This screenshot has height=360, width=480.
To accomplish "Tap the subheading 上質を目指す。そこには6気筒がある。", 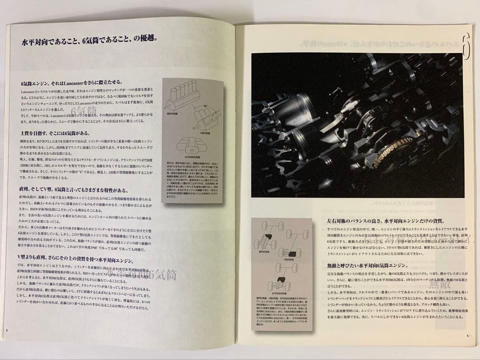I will click(x=55, y=133).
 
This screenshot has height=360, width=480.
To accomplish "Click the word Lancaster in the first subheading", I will click(x=67, y=84).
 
